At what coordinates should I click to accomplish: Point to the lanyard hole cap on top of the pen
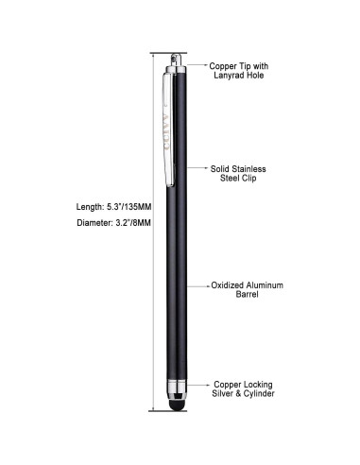[176, 62]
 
